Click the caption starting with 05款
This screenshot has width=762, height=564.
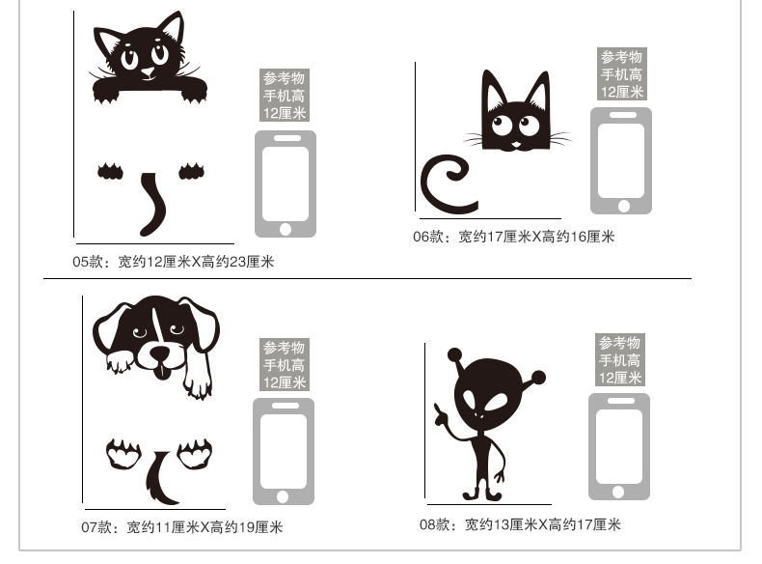pos(174,262)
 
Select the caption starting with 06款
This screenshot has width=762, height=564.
pos(514,237)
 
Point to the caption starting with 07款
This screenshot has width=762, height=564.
pos(181,527)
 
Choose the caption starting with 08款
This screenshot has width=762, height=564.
pos(520,524)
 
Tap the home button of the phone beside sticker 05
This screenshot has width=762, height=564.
pos(286,229)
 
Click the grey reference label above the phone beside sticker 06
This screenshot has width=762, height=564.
pos(621,74)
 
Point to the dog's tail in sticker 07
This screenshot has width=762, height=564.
pos(159,479)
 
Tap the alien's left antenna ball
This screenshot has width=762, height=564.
pos(455,354)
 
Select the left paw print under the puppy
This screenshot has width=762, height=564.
pos(123,454)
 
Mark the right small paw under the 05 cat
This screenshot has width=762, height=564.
pos(192,171)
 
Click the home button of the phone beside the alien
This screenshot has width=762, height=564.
pos(618,492)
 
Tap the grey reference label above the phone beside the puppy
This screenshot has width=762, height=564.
pos(285,364)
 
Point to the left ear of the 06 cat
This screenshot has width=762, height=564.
pos(494,92)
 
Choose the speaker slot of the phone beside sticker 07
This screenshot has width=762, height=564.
pos(286,406)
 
